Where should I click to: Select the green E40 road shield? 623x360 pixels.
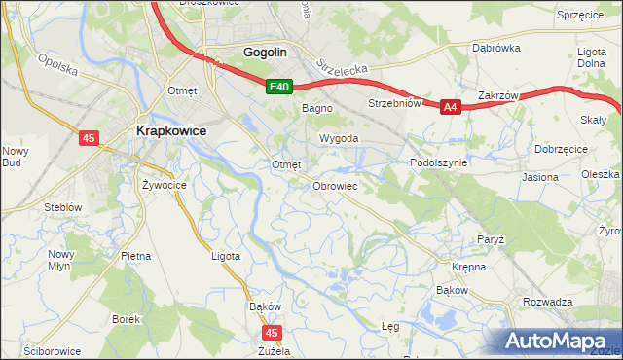click(279, 88)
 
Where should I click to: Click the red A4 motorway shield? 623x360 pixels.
click(449, 108)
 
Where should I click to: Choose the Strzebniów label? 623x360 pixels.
click(393, 103)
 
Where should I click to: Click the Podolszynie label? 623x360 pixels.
click(438, 163)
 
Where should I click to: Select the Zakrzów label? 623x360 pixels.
click(497, 96)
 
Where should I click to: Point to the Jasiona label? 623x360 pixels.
click(539, 178)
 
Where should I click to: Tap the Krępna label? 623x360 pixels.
click(468, 266)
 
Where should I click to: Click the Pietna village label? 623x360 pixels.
click(135, 256)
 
